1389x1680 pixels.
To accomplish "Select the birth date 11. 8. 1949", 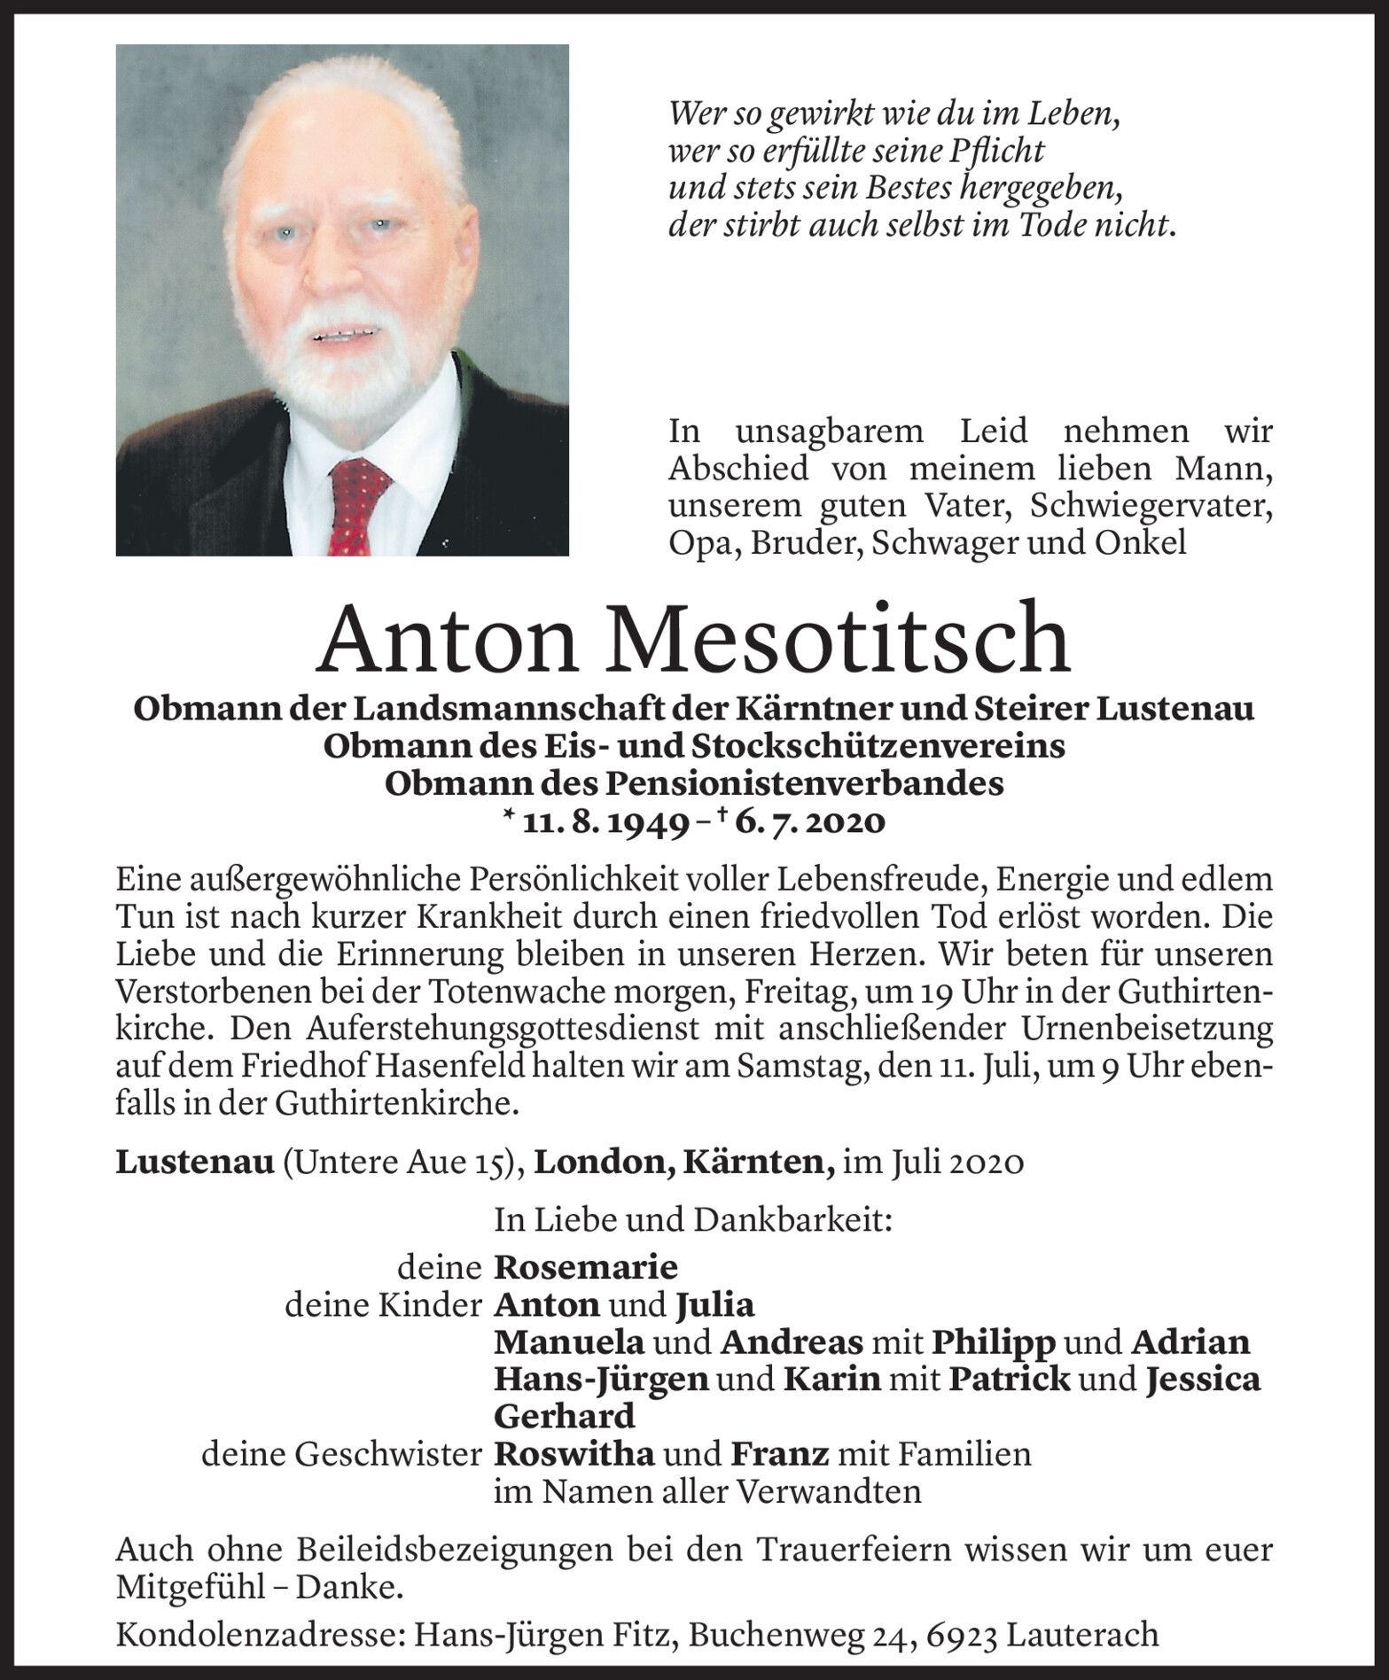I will (607, 823).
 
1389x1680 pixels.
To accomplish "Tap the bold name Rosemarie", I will (586, 1267).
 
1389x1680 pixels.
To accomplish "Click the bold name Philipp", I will (994, 1342).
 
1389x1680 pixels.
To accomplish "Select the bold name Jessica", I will (1203, 1380).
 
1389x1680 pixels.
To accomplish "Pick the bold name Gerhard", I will (565, 1417).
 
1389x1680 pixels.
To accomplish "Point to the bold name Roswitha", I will (574, 1454).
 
